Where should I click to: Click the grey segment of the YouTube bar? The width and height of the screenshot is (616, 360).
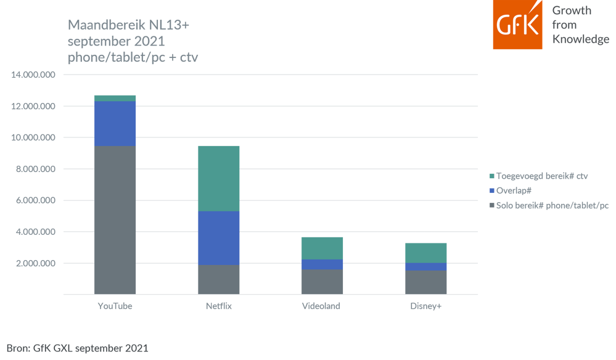[115, 220]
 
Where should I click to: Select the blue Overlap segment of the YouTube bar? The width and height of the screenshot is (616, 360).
[115, 123]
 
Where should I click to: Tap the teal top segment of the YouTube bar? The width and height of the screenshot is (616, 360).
[115, 98]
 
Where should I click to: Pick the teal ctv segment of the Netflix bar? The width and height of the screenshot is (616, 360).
[218, 178]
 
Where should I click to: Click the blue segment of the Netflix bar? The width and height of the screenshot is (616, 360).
[218, 238]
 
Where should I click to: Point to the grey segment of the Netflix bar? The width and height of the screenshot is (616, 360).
[218, 279]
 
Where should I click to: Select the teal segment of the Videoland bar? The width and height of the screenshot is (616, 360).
[322, 248]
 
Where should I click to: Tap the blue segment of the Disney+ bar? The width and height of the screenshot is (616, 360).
[425, 266]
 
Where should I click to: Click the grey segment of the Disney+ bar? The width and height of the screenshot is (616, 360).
[425, 282]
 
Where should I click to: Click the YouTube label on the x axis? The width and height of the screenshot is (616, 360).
[115, 306]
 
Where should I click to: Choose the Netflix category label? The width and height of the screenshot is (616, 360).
[218, 306]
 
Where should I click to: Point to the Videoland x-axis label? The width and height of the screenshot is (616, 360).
[321, 306]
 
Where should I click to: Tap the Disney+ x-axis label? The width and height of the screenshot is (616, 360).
[425, 306]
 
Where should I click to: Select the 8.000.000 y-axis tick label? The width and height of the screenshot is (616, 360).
[35, 170]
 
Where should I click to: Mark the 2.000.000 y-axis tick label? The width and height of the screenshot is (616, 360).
[35, 264]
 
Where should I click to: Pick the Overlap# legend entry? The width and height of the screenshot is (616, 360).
[514, 190]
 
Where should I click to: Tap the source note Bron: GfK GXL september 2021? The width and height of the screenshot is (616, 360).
[78, 348]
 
